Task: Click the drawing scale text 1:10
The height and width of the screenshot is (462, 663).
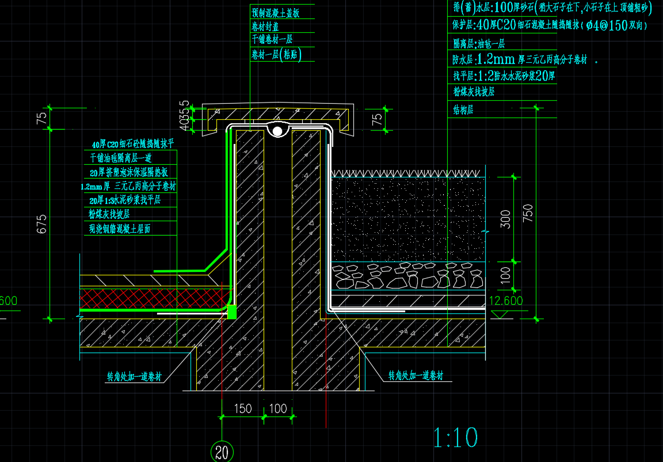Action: (455, 438)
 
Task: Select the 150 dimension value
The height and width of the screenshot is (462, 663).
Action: (243, 408)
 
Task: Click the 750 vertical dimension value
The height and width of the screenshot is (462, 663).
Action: (528, 214)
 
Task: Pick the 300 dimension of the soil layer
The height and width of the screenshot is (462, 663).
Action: (506, 219)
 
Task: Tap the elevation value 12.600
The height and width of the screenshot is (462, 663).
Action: (505, 301)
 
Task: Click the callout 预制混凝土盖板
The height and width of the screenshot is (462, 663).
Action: (275, 12)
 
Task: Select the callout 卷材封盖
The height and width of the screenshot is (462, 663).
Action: (265, 26)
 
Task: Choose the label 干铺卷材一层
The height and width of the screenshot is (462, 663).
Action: (272, 40)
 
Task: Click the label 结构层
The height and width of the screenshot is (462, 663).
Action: (463, 109)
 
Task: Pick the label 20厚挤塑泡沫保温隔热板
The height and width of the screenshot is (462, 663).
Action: (128, 172)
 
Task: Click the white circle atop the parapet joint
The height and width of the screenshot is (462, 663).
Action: (277, 132)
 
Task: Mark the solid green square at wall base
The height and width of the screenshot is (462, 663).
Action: (232, 312)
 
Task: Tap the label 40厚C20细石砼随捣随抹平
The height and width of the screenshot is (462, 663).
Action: (132, 143)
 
